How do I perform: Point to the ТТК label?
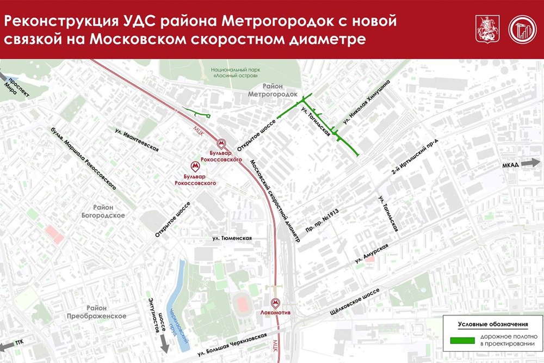pyautogui.click(x=20, y=343)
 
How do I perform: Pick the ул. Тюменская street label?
pyautogui.click(x=231, y=238)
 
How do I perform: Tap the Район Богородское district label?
pyautogui.click(x=109, y=211)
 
